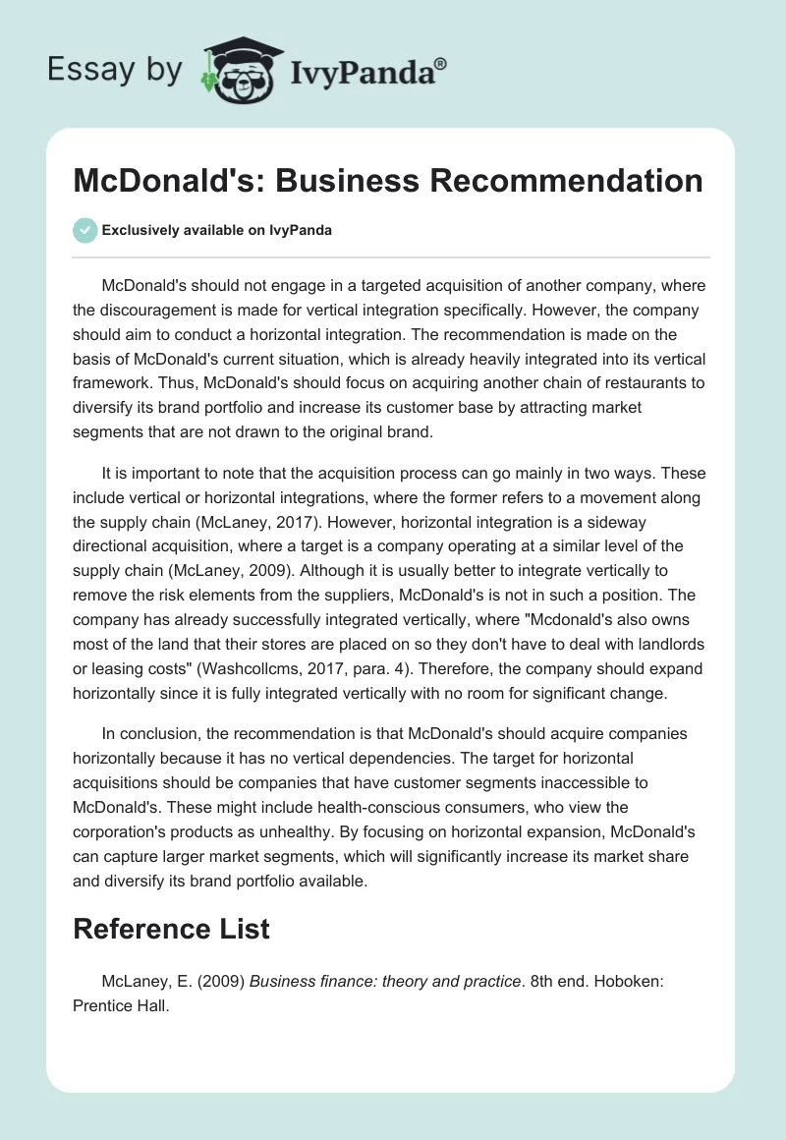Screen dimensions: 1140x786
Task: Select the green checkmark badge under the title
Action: (84, 230)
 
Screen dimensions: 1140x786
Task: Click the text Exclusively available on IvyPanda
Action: (216, 230)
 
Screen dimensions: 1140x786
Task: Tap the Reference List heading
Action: (171, 928)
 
